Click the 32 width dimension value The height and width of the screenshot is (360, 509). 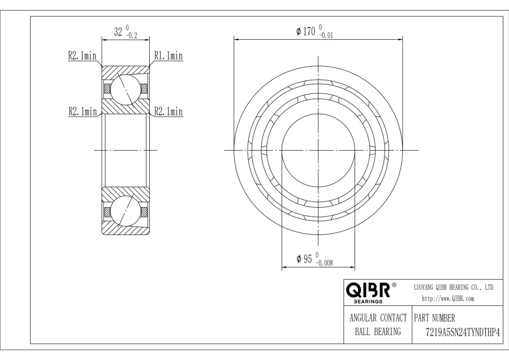tap(118, 32)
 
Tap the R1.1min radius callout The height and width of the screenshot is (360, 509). tap(168, 56)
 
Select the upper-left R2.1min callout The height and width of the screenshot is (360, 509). tap(82, 56)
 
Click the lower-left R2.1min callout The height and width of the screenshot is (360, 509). tap(83, 112)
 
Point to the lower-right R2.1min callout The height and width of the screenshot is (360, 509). tap(168, 112)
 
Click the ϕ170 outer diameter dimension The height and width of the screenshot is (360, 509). tap(306, 31)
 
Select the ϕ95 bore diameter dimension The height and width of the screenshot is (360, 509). tap(304, 259)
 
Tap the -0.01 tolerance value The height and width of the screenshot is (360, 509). tap(326, 36)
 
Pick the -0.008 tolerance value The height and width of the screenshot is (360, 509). tap(324, 263)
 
